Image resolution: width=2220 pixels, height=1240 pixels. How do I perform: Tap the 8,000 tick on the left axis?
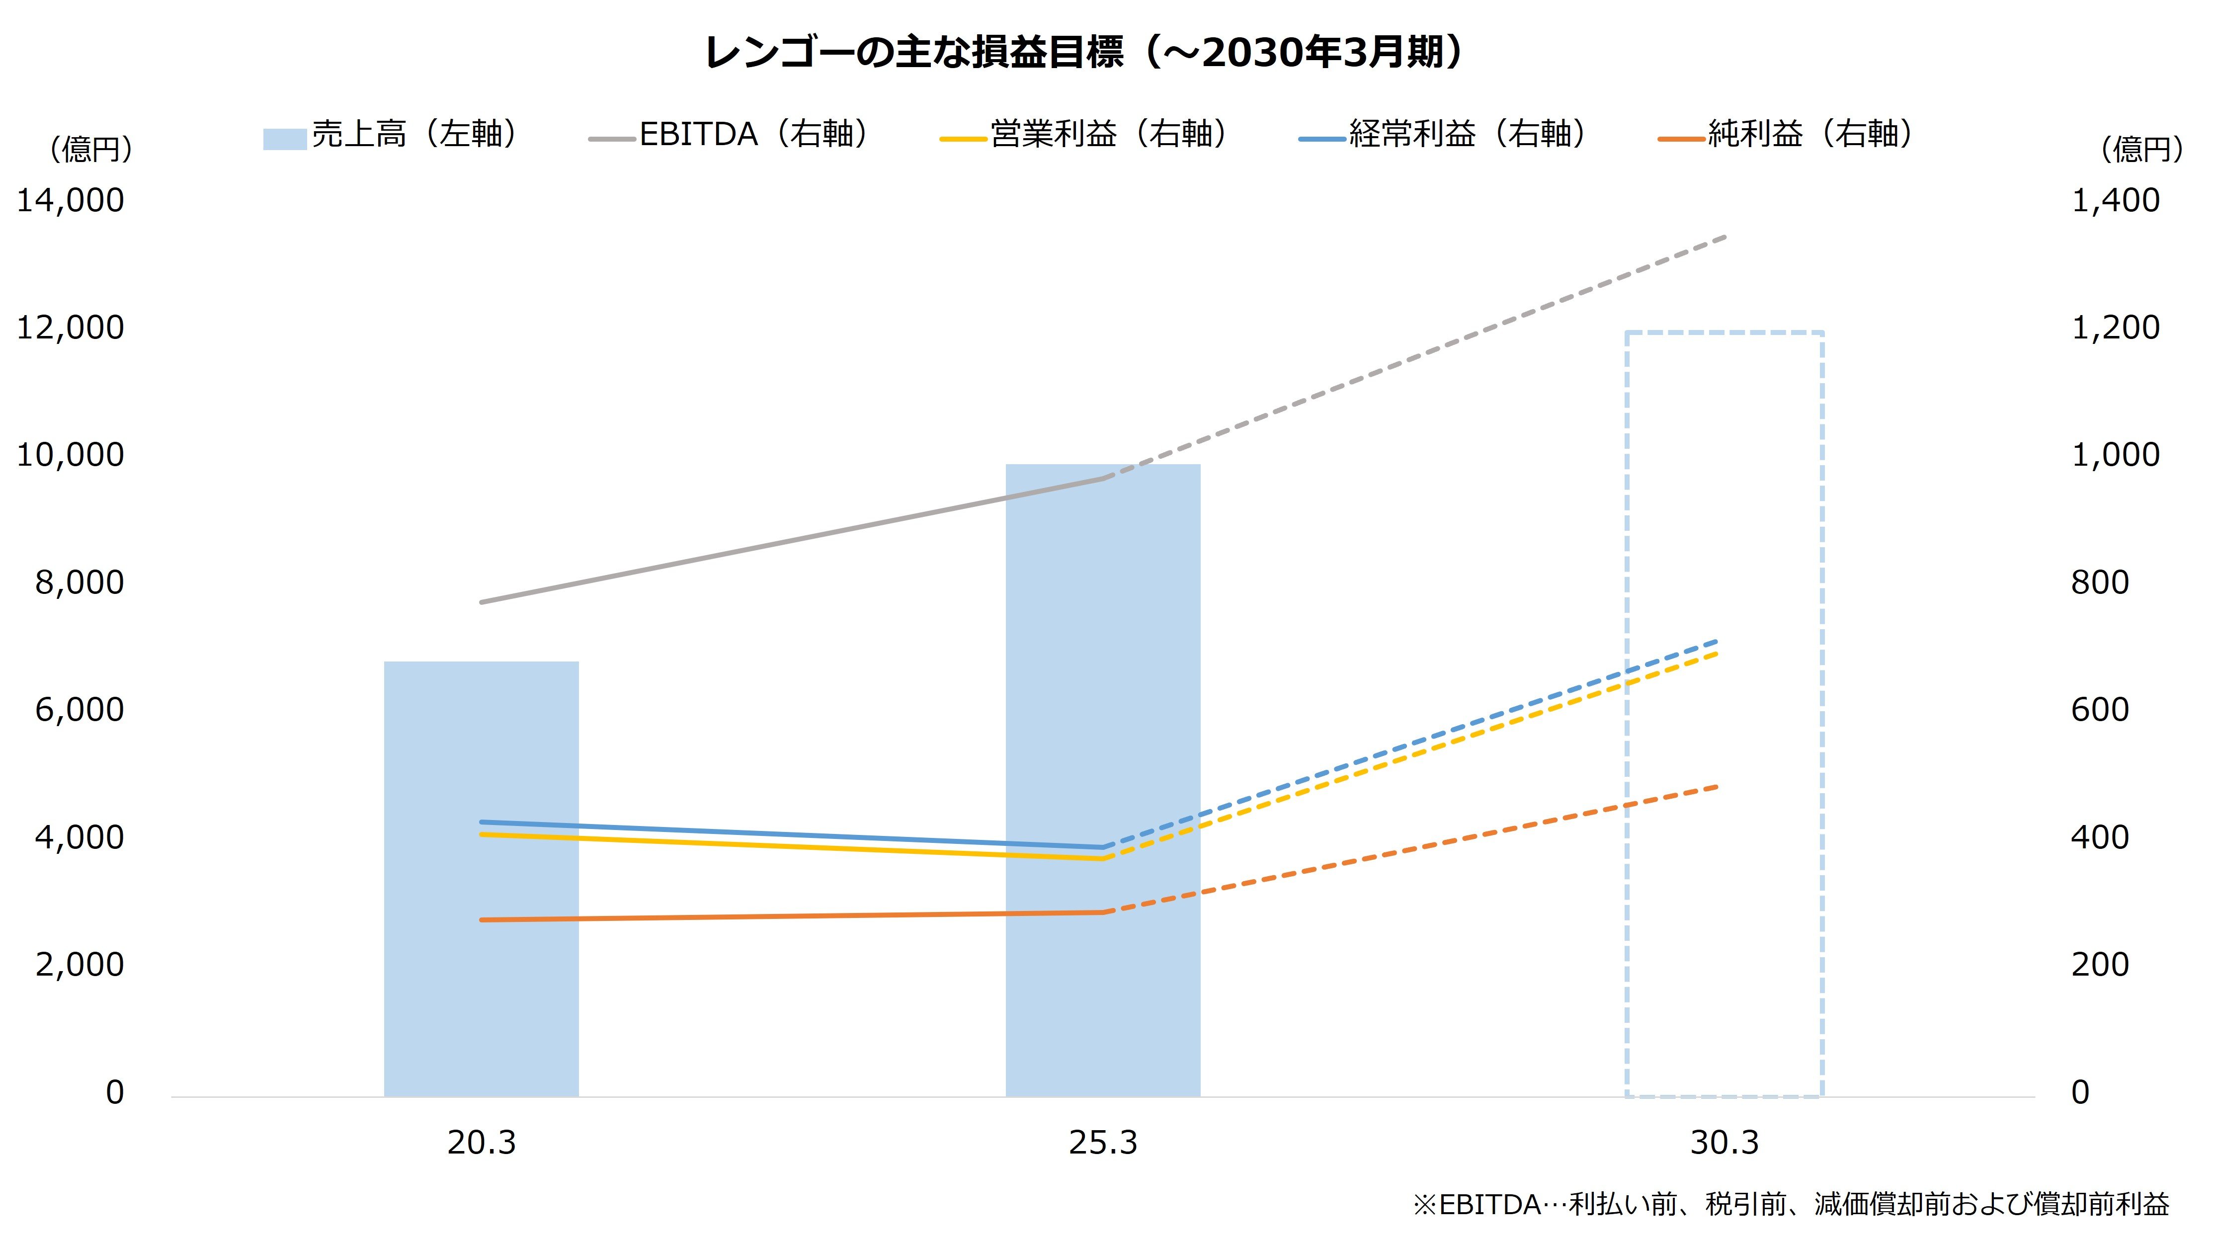pyautogui.click(x=80, y=582)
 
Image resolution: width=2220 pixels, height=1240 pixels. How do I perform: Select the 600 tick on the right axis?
pyautogui.click(x=2099, y=710)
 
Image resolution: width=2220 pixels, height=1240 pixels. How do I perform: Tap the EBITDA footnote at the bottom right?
pyautogui.click(x=1791, y=1204)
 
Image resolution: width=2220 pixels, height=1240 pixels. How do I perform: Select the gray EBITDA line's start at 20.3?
pyautogui.click(x=482, y=601)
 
